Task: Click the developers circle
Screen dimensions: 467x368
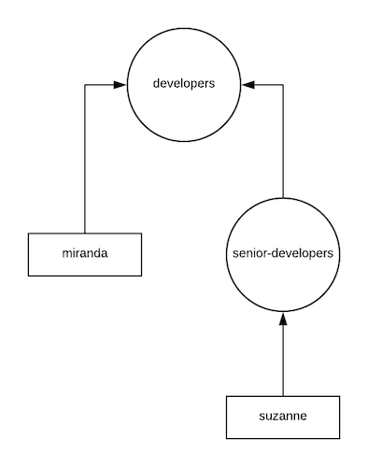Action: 184,85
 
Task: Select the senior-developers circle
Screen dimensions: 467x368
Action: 282,253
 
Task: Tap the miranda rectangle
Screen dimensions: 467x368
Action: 85,254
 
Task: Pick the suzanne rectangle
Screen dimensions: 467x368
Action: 282,417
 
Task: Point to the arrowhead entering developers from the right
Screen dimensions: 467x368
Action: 248,85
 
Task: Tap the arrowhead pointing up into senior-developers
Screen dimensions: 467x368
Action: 282,319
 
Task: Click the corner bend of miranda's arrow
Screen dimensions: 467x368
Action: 85,85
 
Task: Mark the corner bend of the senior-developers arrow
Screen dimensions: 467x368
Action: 282,85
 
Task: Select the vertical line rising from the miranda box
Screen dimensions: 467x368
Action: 85,159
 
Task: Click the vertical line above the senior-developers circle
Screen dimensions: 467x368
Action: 282,140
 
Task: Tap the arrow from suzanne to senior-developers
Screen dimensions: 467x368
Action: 282,360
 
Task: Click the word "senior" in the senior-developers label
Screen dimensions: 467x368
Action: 247,253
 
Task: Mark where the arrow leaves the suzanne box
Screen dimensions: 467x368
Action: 282,395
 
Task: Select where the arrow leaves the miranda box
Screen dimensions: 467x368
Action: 85,233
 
